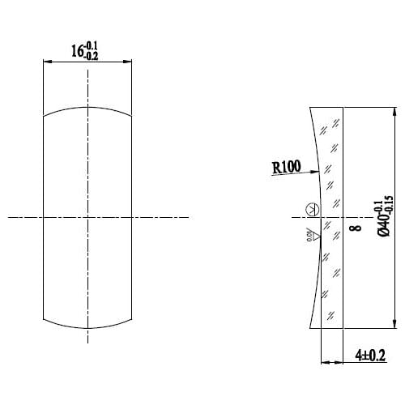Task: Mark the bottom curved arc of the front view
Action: tap(87, 326)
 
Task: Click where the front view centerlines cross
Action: tap(87, 216)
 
